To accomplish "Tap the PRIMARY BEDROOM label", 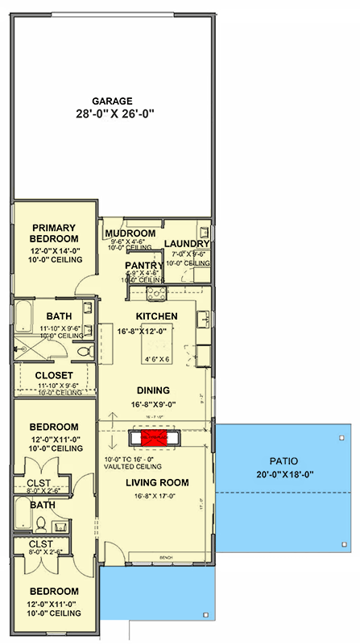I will point(54,233).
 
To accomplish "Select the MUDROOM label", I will point(130,233).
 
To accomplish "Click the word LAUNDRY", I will point(187,244).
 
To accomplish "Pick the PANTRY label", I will point(145,265).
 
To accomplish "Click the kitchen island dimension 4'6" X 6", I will point(157,359).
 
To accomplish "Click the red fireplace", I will point(153,437).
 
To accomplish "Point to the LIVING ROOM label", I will point(156,483).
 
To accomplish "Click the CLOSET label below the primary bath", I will point(54,375).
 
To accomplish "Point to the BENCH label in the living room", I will point(167,556).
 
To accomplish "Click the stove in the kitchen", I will point(154,293).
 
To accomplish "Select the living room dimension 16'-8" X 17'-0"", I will point(156,497).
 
